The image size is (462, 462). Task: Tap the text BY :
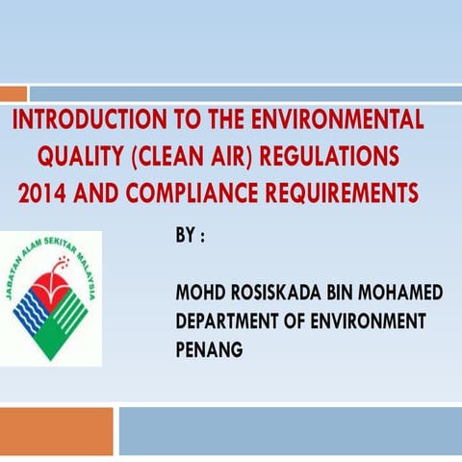[190, 236]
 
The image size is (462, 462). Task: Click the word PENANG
[209, 349]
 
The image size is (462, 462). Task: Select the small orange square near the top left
[13, 93]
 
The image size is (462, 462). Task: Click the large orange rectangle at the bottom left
[56, 430]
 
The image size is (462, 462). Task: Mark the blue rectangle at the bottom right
[290, 430]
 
